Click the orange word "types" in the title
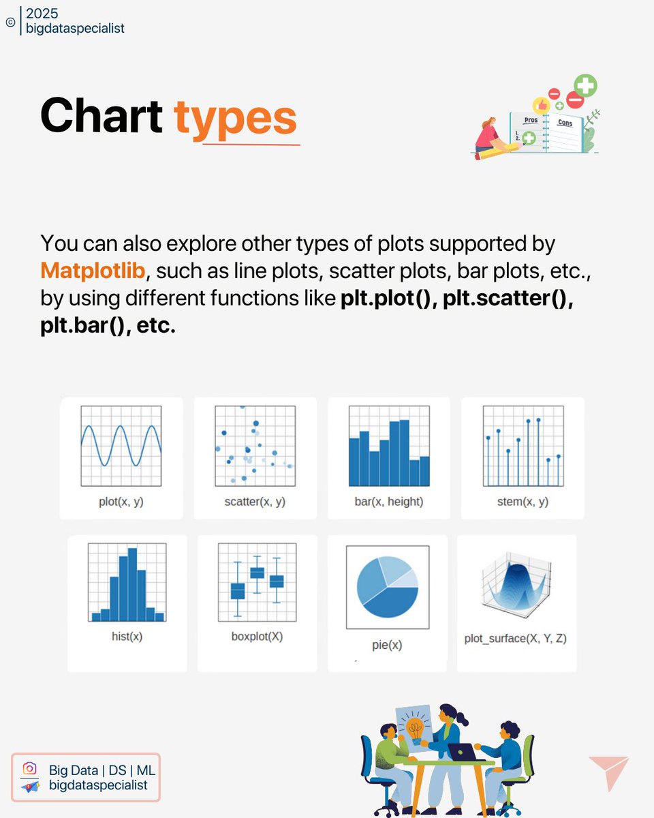coord(236,118)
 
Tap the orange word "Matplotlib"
coord(93,271)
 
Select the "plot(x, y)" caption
coord(121,502)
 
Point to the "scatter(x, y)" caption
coord(255,502)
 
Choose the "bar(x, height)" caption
coord(389,502)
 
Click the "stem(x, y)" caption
coord(523,502)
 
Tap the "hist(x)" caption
coord(127,636)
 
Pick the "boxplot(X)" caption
coord(257,636)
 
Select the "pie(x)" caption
coord(388,644)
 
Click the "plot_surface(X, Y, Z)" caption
coord(516,639)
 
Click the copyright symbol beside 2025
coord(10,22)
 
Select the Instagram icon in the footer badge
coord(29,769)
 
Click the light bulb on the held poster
coord(414,727)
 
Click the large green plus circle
coord(585,87)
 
